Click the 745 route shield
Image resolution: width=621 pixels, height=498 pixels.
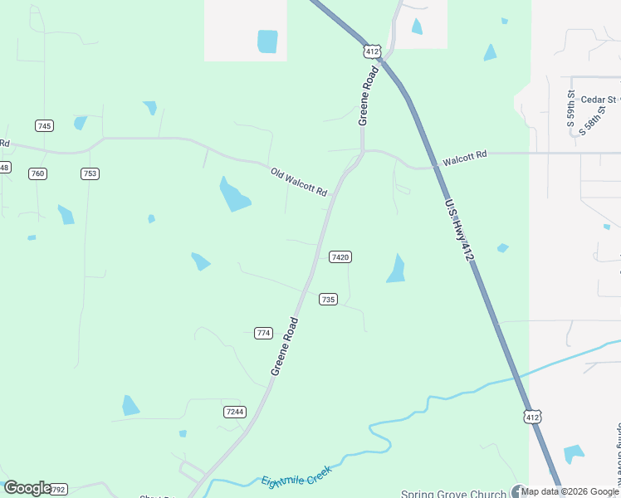pyautogui.click(x=44, y=125)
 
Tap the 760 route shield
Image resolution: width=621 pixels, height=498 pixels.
pyautogui.click(x=37, y=173)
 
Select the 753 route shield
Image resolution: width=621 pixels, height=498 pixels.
pyautogui.click(x=90, y=173)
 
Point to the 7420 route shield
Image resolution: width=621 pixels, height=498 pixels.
pyautogui.click(x=340, y=257)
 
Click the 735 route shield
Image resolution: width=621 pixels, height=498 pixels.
pyautogui.click(x=328, y=299)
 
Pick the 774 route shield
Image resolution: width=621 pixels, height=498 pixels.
pyautogui.click(x=263, y=333)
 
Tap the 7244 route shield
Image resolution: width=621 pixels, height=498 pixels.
pyautogui.click(x=235, y=412)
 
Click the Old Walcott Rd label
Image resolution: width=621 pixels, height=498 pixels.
pyautogui.click(x=299, y=183)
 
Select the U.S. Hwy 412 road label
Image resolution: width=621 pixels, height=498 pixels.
pyautogui.click(x=459, y=232)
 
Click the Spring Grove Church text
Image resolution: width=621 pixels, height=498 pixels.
pyautogui.click(x=453, y=494)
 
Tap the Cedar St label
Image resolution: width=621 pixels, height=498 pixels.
pyautogui.click(x=599, y=100)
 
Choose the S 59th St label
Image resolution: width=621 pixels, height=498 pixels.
pyautogui.click(x=571, y=108)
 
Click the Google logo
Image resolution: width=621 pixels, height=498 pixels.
pyautogui.click(x=27, y=488)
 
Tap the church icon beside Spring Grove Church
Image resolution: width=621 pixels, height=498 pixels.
pyautogui.click(x=519, y=492)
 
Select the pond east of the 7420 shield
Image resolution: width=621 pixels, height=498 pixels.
pyautogui.click(x=396, y=269)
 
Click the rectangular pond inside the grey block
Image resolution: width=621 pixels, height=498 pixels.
pyautogui.click(x=267, y=41)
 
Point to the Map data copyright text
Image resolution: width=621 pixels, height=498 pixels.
pyautogui.click(x=570, y=491)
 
